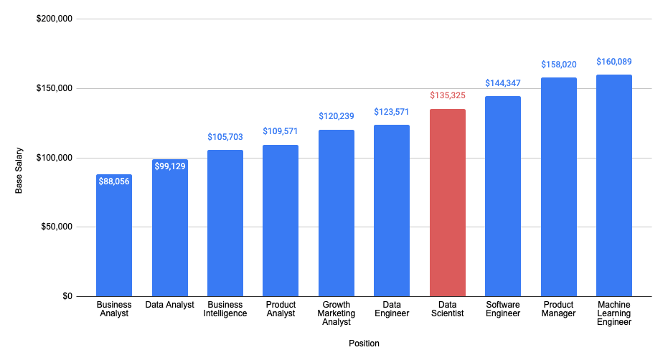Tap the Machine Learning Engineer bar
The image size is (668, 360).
[x=613, y=186]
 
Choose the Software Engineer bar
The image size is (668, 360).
[x=503, y=196]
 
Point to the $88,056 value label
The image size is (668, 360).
[x=114, y=182]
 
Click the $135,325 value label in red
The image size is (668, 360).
[x=448, y=95]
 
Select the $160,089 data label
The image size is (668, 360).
[x=613, y=62]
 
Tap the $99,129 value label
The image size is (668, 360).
[x=170, y=167]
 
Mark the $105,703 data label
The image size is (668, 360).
[x=225, y=137]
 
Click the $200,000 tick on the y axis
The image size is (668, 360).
[x=55, y=19]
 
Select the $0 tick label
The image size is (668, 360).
[x=66, y=296]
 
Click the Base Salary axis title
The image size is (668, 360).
[x=19, y=174]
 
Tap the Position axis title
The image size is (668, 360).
[x=364, y=344]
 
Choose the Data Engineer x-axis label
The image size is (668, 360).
[x=392, y=309]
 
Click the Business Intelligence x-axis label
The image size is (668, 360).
[x=225, y=309]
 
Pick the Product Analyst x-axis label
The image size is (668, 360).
[x=281, y=309]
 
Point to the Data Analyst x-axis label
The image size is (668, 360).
[x=170, y=305]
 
